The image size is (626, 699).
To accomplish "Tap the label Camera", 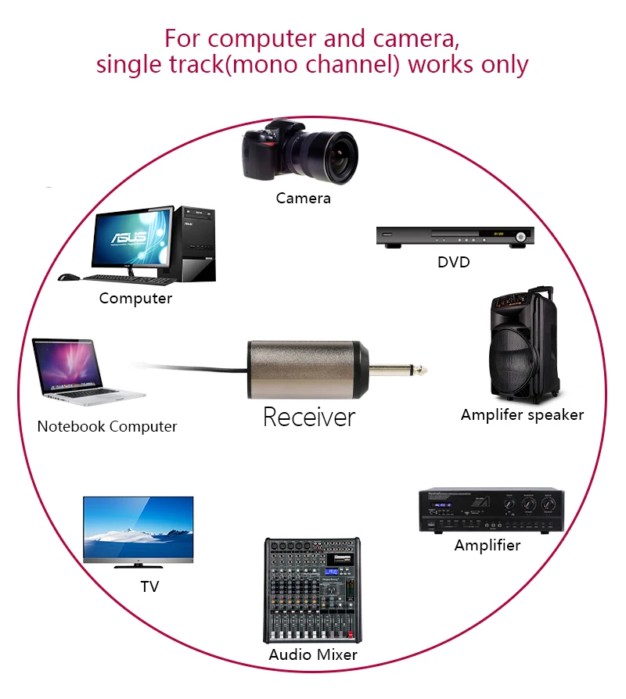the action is point(304,198).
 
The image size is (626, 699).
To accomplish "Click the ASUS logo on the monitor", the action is point(129,237).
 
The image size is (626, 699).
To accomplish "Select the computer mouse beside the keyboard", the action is point(68,278).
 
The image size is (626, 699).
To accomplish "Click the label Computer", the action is point(135,298).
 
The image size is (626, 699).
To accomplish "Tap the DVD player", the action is point(455,236).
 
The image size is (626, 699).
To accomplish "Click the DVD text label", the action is point(454,262).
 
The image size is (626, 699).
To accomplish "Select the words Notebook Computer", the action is point(107,427).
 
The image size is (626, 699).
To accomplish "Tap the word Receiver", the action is point(309,418).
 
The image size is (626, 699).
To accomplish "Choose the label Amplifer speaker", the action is point(523,415).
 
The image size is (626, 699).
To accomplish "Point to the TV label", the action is point(150,586).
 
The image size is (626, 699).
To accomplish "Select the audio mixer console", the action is point(312,590).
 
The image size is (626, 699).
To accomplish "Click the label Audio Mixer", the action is point(313,654).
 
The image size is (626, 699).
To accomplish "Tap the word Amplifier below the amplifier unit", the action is point(487,545).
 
